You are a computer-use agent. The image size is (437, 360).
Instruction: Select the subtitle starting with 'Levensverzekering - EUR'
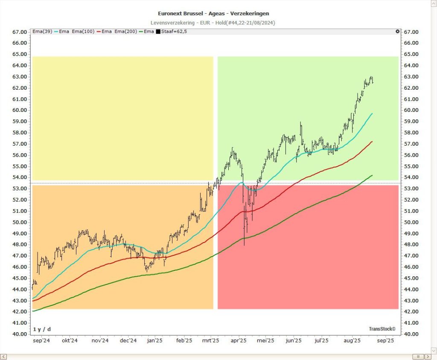coord(213,22)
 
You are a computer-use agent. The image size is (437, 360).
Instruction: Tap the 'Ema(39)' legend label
coord(42,32)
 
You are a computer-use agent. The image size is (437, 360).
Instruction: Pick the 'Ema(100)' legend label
coord(81,32)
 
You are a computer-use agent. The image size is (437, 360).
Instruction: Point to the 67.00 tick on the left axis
coord(20,32)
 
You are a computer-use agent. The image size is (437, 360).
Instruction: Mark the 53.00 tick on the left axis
coord(20,189)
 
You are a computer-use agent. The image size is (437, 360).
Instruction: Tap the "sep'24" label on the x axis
coord(41,341)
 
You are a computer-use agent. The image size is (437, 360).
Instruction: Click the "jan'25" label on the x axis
coord(154,341)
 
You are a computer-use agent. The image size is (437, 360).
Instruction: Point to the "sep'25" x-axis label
coord(385,341)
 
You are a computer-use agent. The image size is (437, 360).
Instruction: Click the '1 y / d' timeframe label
coord(42,329)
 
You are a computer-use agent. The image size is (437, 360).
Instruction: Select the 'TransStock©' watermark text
coord(382,329)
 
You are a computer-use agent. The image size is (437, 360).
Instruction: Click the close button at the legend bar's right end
coord(398,32)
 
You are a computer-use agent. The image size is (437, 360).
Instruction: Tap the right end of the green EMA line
coord(373,175)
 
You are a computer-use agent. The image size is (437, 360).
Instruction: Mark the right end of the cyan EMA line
coord(373,114)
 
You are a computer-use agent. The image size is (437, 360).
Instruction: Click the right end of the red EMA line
coord(373,141)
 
